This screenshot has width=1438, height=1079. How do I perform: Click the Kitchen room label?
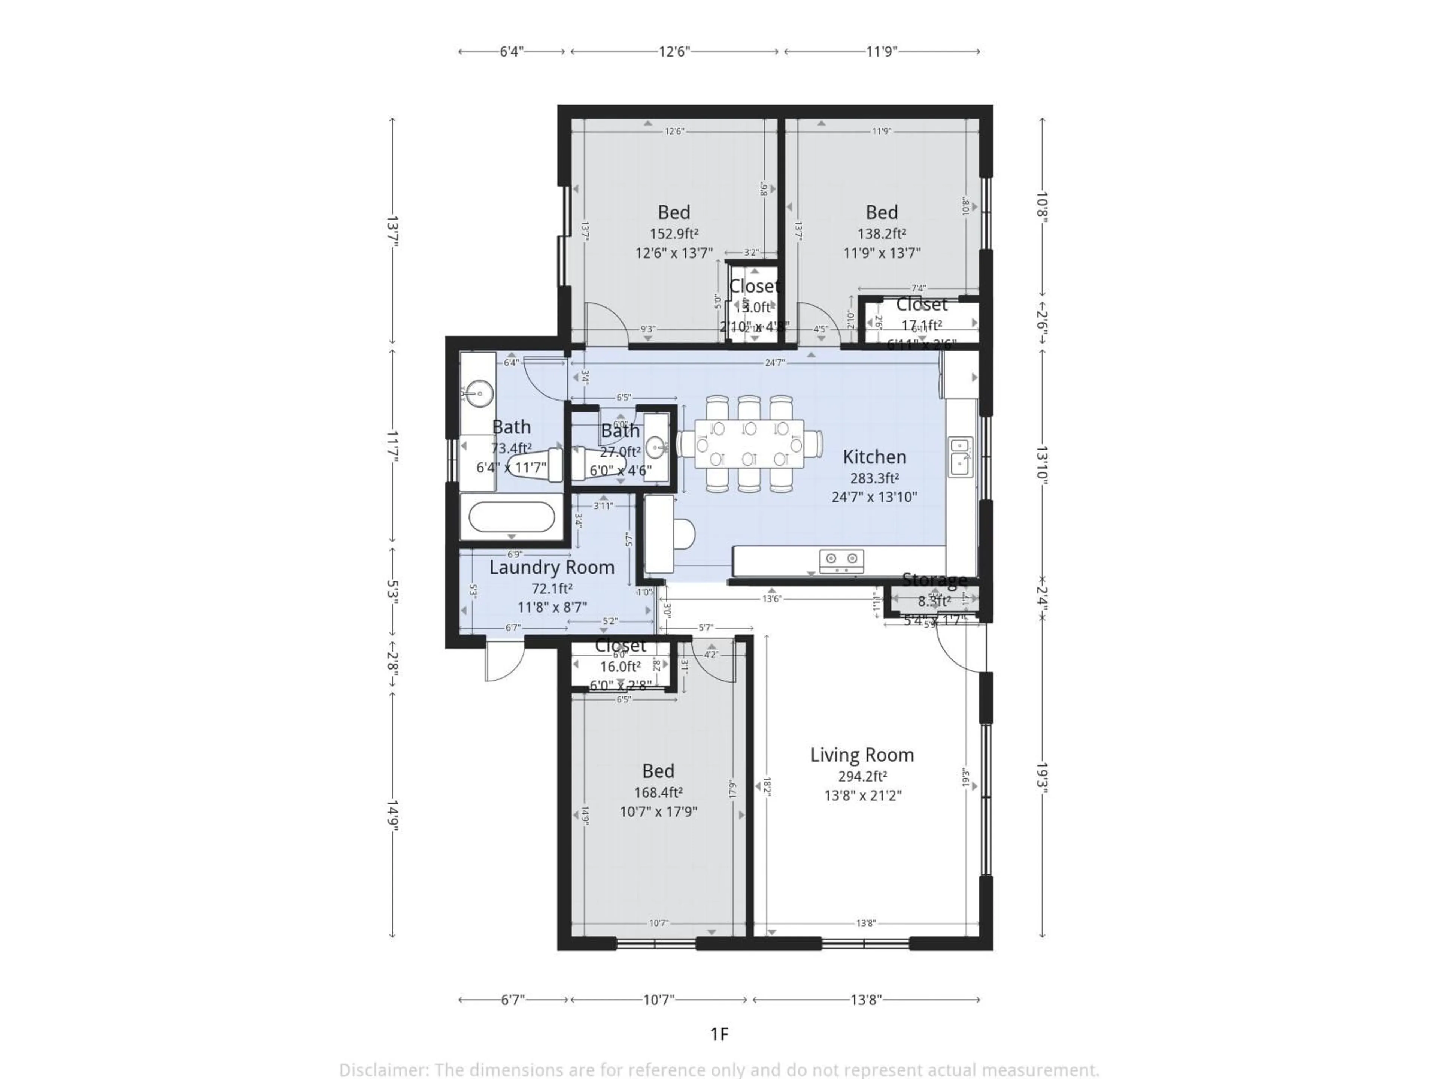coord(874,457)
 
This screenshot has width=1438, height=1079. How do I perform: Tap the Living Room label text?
coord(862,755)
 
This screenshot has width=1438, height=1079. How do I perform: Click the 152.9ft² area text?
coord(674,233)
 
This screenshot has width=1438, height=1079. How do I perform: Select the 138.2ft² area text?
coord(882,233)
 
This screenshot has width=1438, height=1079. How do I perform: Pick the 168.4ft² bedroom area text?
coord(658,792)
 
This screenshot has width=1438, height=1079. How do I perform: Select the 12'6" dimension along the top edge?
coord(674,51)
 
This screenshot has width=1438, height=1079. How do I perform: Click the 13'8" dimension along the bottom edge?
coord(866,999)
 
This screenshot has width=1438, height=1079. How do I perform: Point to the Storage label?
coord(934,580)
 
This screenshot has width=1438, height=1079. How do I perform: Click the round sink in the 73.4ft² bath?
coord(478,393)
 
